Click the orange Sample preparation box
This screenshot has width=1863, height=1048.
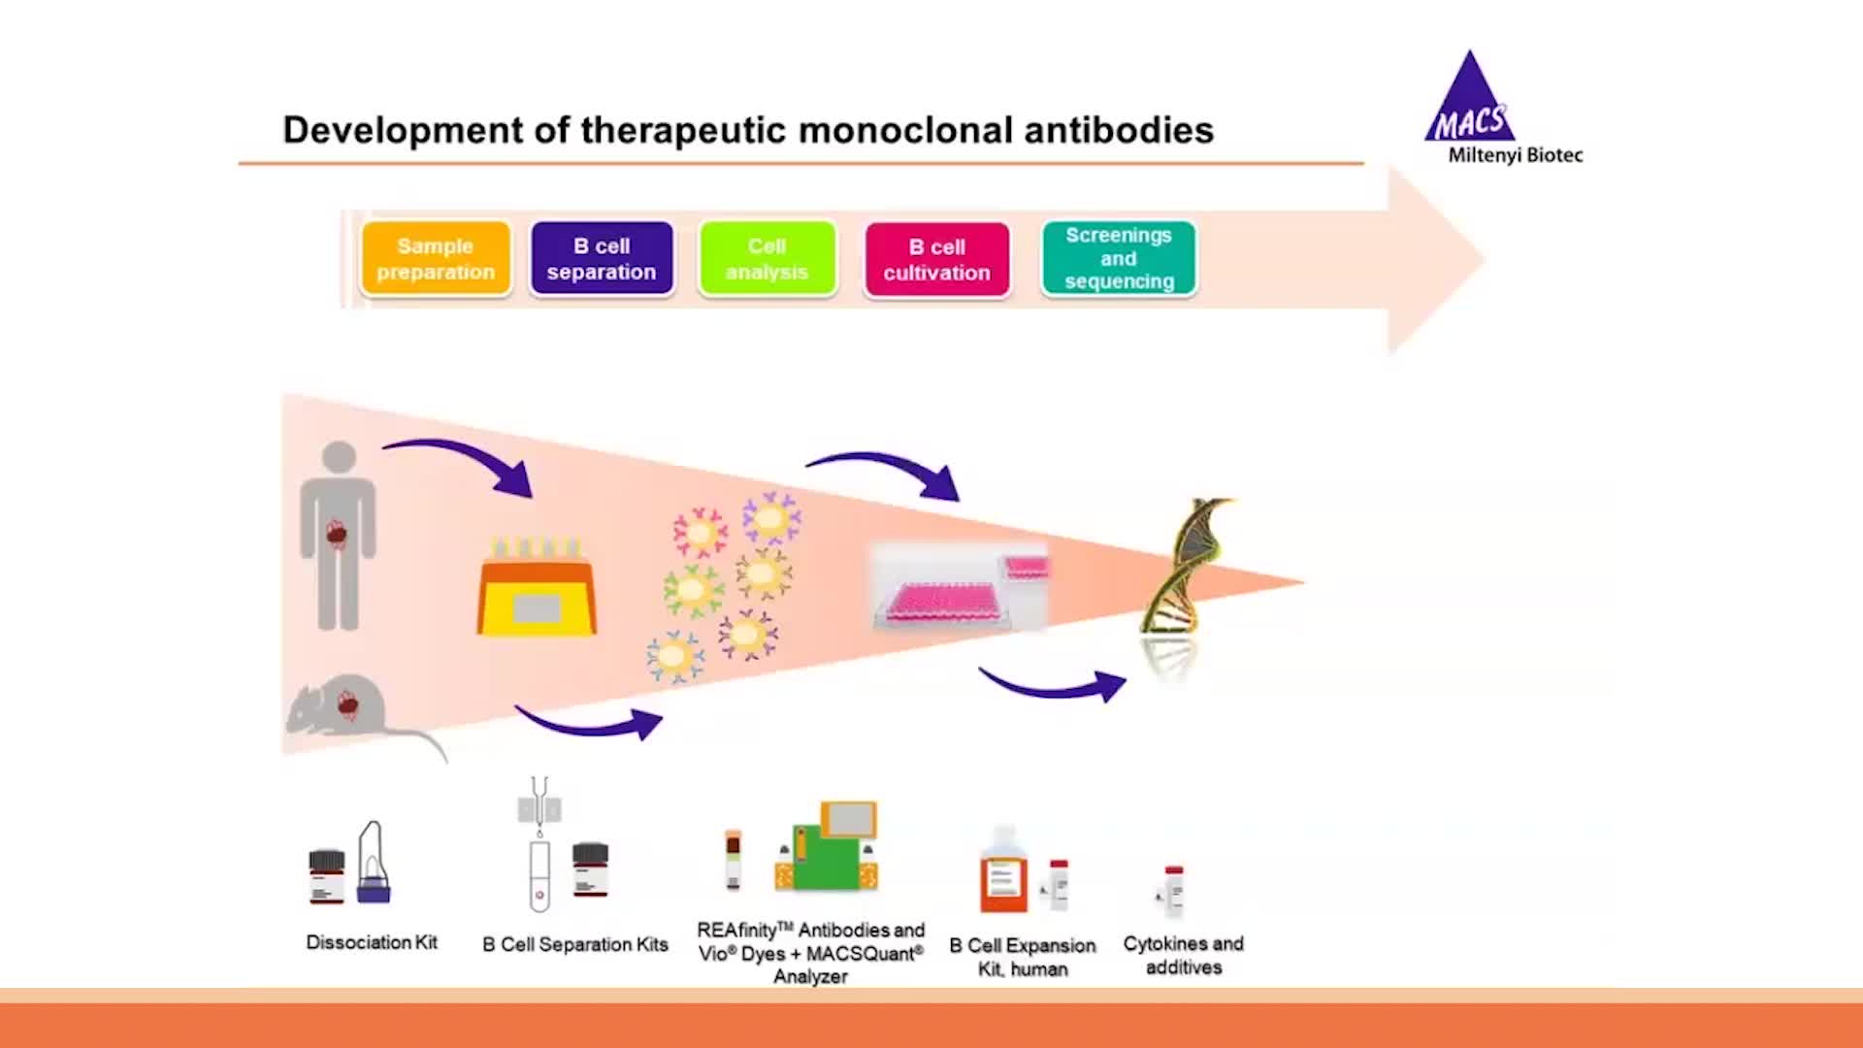point(436,259)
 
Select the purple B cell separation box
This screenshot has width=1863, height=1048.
point(602,259)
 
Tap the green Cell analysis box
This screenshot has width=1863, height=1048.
point(767,259)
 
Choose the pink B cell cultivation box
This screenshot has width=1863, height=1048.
point(936,259)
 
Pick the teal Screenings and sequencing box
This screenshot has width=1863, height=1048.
point(1119,258)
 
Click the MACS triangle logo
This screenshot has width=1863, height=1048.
point(1469,102)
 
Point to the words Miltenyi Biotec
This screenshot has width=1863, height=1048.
point(1515,155)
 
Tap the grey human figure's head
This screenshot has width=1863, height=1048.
point(339,457)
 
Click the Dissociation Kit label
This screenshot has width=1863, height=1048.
point(372,942)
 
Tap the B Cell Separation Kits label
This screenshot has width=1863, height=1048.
point(575,944)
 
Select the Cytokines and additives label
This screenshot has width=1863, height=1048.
point(1183,955)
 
